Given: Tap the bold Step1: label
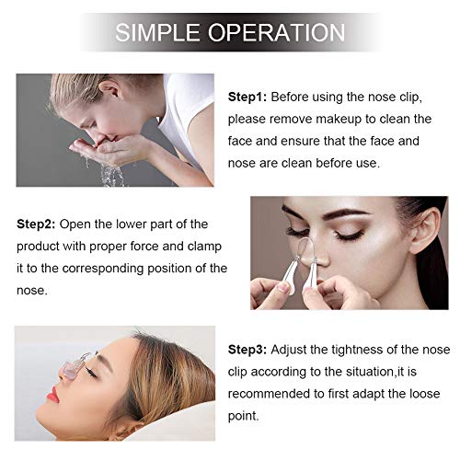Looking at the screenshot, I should click(247, 97).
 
